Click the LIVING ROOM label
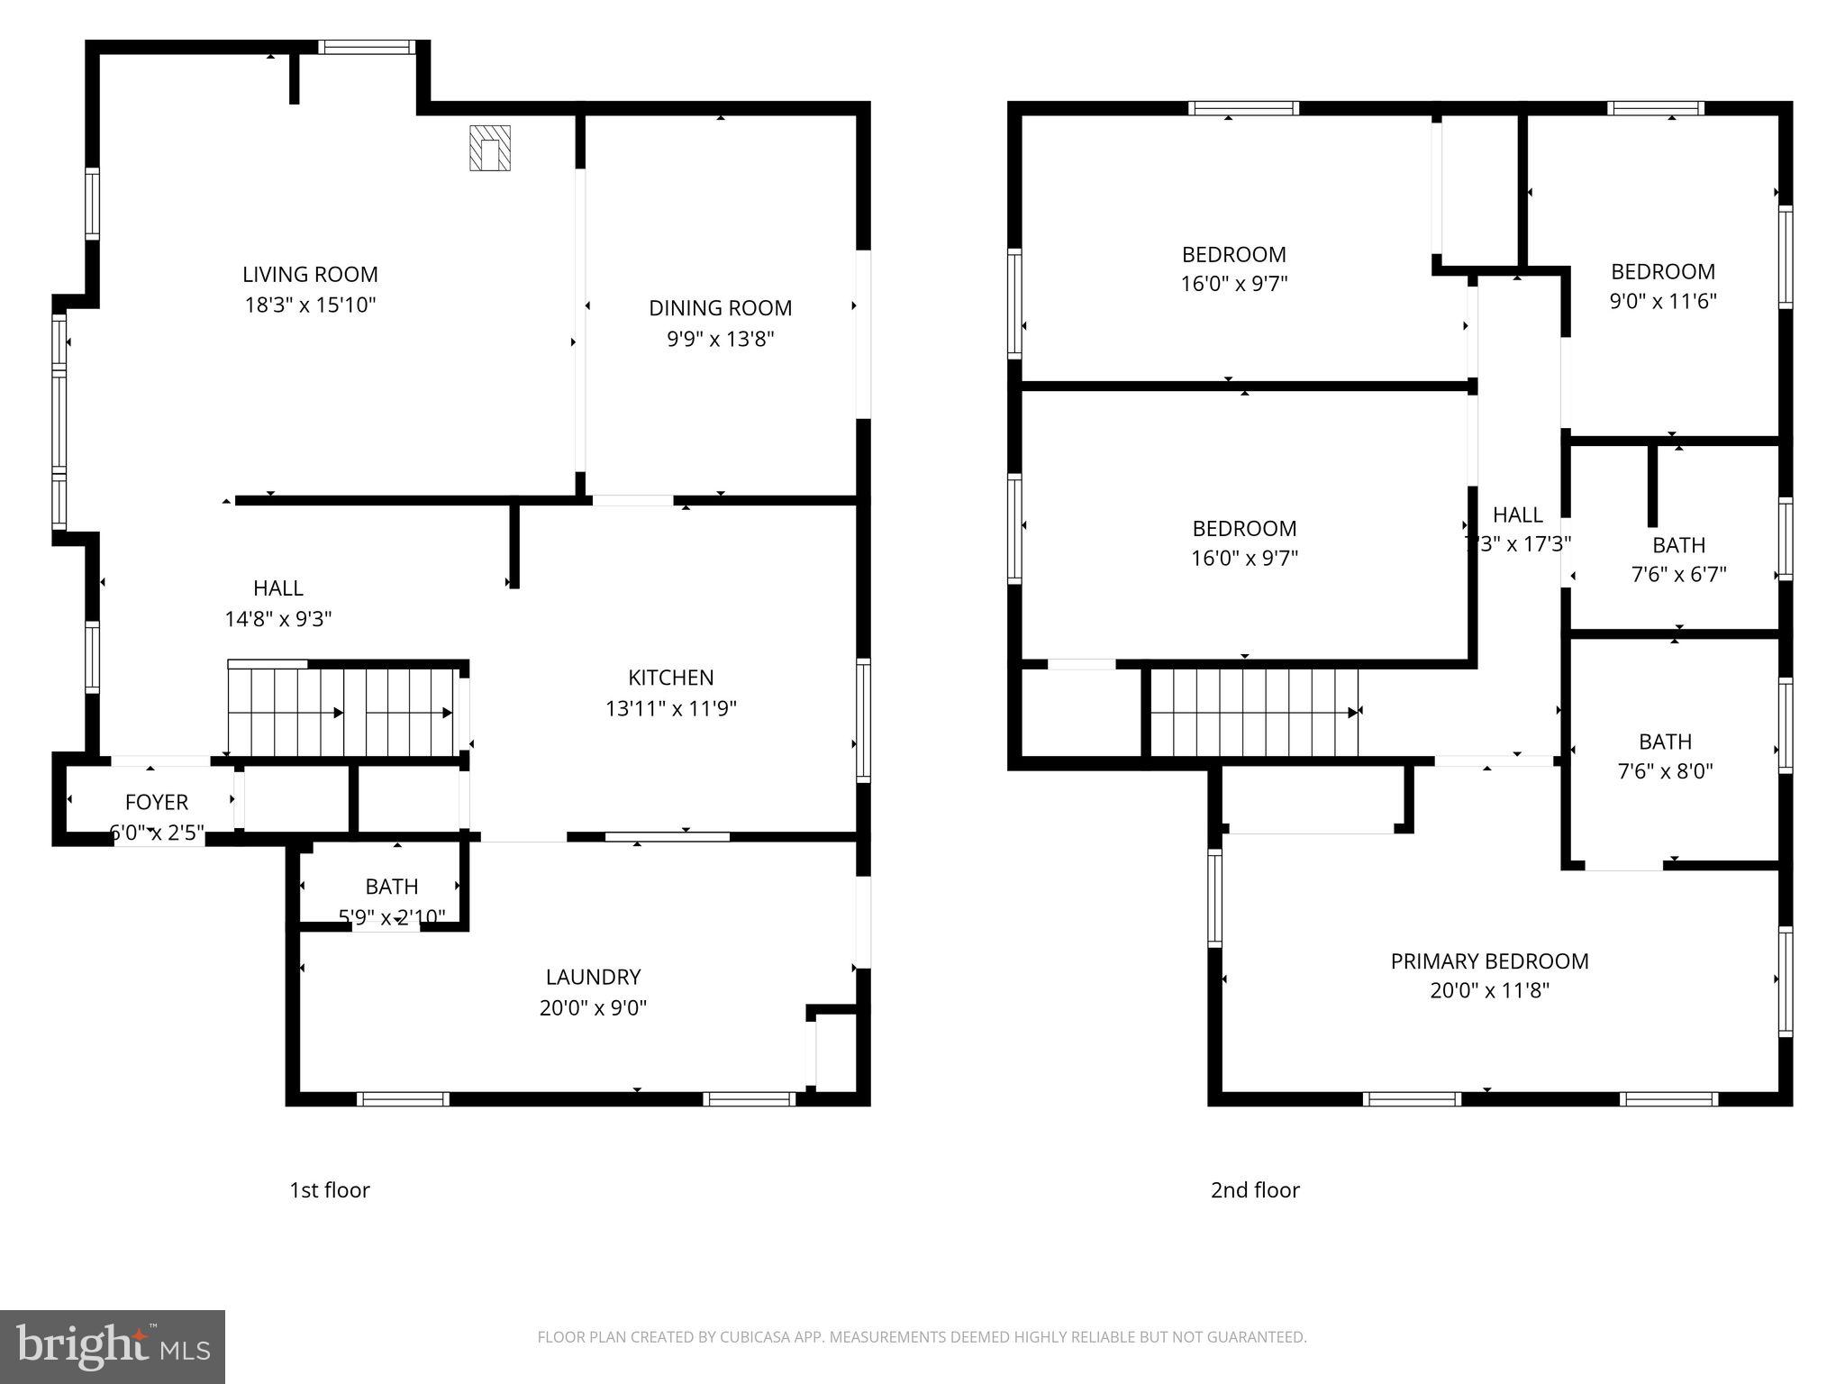[310, 275]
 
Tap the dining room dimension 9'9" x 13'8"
[720, 339]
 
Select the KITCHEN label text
[670, 678]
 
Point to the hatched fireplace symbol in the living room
[490, 149]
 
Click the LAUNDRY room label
[593, 977]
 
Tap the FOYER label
[157, 802]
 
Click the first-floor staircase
[342, 712]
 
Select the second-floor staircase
[1254, 712]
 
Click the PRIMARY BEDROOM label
[1489, 961]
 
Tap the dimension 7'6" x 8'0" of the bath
[1665, 771]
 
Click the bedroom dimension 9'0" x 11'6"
[1663, 301]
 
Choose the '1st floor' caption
[329, 1190]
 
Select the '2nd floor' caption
[1255, 1190]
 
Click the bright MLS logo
[112, 1346]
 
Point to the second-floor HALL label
[1517, 515]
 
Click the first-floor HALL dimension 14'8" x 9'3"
[278, 619]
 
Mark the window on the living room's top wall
[366, 48]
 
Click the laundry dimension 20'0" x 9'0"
[593, 1007]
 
